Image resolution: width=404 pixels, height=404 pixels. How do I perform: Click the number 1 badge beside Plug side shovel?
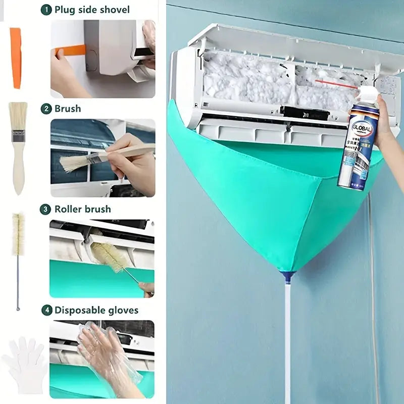[x=46, y=10]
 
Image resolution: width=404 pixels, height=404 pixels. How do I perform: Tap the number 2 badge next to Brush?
[x=46, y=109]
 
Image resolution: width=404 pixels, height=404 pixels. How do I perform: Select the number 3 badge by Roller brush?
[x=46, y=209]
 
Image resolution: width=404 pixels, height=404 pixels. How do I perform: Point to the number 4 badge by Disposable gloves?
[x=47, y=310]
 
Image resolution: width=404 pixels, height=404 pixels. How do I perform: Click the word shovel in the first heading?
[x=113, y=10]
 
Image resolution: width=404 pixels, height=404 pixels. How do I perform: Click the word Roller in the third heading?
[x=69, y=209]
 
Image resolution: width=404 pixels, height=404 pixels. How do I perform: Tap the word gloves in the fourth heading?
[x=125, y=310]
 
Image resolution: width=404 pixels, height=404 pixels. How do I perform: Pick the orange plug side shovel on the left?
[x=16, y=58]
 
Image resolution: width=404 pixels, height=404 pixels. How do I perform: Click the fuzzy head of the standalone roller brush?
[x=18, y=235]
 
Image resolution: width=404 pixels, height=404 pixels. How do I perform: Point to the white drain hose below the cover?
[x=287, y=343]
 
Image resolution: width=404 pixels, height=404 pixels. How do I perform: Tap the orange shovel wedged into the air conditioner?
[x=71, y=50]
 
